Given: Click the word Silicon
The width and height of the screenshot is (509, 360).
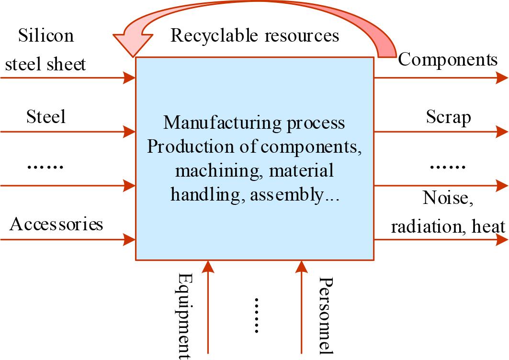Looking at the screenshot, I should coord(46,36).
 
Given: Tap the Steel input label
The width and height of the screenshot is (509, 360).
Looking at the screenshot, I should coord(45,116).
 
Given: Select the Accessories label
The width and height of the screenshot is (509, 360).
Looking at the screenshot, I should coord(56,224).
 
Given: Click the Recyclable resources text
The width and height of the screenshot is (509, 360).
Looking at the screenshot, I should coord(254,36).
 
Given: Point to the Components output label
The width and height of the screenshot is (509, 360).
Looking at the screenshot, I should coord(448,60).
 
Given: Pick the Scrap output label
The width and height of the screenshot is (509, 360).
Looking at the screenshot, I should coord(448,117).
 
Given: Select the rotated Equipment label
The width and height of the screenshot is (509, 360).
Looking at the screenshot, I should coord(185,315).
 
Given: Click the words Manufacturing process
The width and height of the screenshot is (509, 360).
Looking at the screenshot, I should coord(254,123).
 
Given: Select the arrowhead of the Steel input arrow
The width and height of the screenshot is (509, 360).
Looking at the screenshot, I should coord(130,131).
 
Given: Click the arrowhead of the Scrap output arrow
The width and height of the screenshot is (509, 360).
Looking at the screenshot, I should coord(502,131).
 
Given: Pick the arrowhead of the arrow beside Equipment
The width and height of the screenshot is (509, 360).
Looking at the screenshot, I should coord(208,267).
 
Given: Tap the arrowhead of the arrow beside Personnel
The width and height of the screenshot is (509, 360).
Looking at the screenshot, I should coord(302,267).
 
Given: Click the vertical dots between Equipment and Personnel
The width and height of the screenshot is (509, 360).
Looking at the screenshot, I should coord(256,315).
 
